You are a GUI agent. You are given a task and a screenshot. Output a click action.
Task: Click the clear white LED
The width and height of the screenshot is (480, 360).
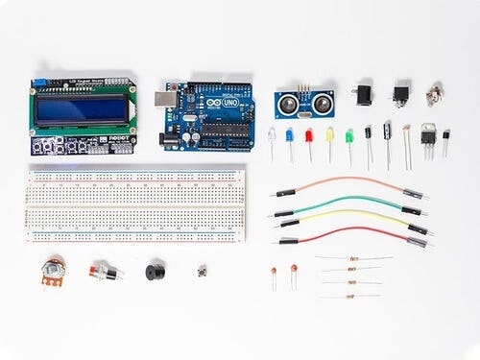272,135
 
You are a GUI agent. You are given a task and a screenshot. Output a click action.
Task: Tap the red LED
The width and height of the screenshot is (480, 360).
309,135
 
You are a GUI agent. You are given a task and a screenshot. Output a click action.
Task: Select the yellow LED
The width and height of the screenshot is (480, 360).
329,135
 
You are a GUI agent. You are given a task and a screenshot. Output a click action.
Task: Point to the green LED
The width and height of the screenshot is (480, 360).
349,135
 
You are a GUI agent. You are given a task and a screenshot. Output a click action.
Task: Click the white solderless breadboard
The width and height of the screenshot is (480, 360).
136,202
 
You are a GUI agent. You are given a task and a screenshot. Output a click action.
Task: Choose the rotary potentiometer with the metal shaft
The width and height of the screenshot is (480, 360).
54,272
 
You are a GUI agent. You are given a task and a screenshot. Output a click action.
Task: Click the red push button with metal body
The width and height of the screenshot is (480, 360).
104,273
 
